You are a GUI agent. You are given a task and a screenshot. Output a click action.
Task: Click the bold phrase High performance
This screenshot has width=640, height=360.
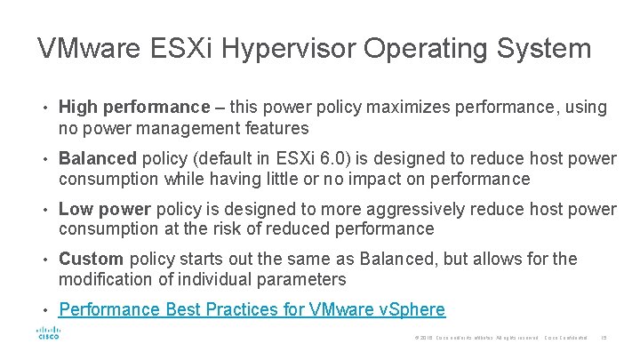tap(132, 108)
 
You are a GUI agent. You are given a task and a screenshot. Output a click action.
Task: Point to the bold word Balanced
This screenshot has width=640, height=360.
tap(97, 158)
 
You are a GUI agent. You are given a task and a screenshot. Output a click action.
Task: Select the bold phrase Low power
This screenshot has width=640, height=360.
tap(104, 209)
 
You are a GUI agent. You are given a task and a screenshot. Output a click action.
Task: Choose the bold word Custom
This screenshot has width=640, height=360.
tap(91, 259)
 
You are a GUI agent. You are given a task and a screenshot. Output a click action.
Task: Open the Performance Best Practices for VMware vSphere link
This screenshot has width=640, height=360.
tap(252, 309)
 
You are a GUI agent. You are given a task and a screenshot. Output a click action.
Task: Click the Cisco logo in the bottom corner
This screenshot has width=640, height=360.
tap(47, 334)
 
